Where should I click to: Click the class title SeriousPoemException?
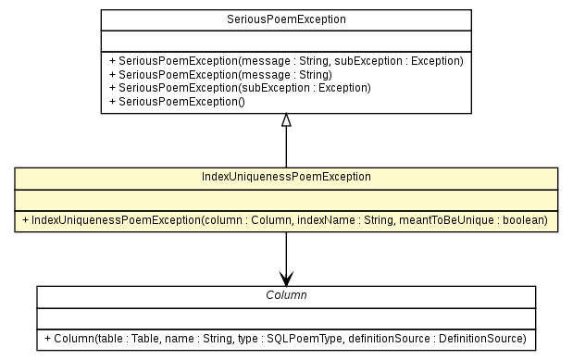pos(286,19)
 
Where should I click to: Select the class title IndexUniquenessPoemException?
pos(286,177)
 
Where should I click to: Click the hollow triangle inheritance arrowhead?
pos(286,120)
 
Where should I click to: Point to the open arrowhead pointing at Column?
pos(286,278)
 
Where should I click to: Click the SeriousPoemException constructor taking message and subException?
pos(286,60)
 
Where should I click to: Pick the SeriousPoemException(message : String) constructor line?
pos(220,74)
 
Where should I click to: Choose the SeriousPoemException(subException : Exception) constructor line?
pos(239,87)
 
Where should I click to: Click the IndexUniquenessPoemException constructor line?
pos(286,220)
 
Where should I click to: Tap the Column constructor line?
pos(286,339)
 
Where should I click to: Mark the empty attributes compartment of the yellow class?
pos(286,199)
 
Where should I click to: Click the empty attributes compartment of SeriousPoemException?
pos(286,40)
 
